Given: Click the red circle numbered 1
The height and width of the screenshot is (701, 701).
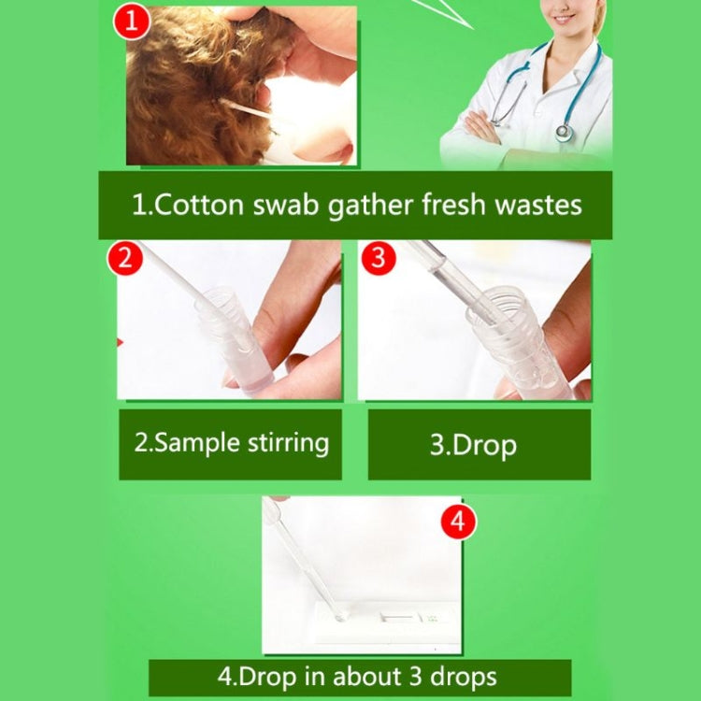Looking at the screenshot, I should pos(132,20).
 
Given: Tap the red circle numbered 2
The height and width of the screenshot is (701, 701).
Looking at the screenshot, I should pos(124,259).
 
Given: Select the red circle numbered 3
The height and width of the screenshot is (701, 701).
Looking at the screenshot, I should pos(378,258).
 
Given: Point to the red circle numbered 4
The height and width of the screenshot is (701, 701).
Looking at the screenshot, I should pos(457,522).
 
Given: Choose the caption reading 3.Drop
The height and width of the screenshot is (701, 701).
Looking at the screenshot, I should pos(473,445).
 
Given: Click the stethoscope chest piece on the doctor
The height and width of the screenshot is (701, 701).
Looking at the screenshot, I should pos(564,132).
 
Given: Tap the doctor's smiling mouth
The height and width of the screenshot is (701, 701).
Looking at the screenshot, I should pos(562,18).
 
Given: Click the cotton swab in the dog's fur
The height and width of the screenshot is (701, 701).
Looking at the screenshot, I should pos(245,109).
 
